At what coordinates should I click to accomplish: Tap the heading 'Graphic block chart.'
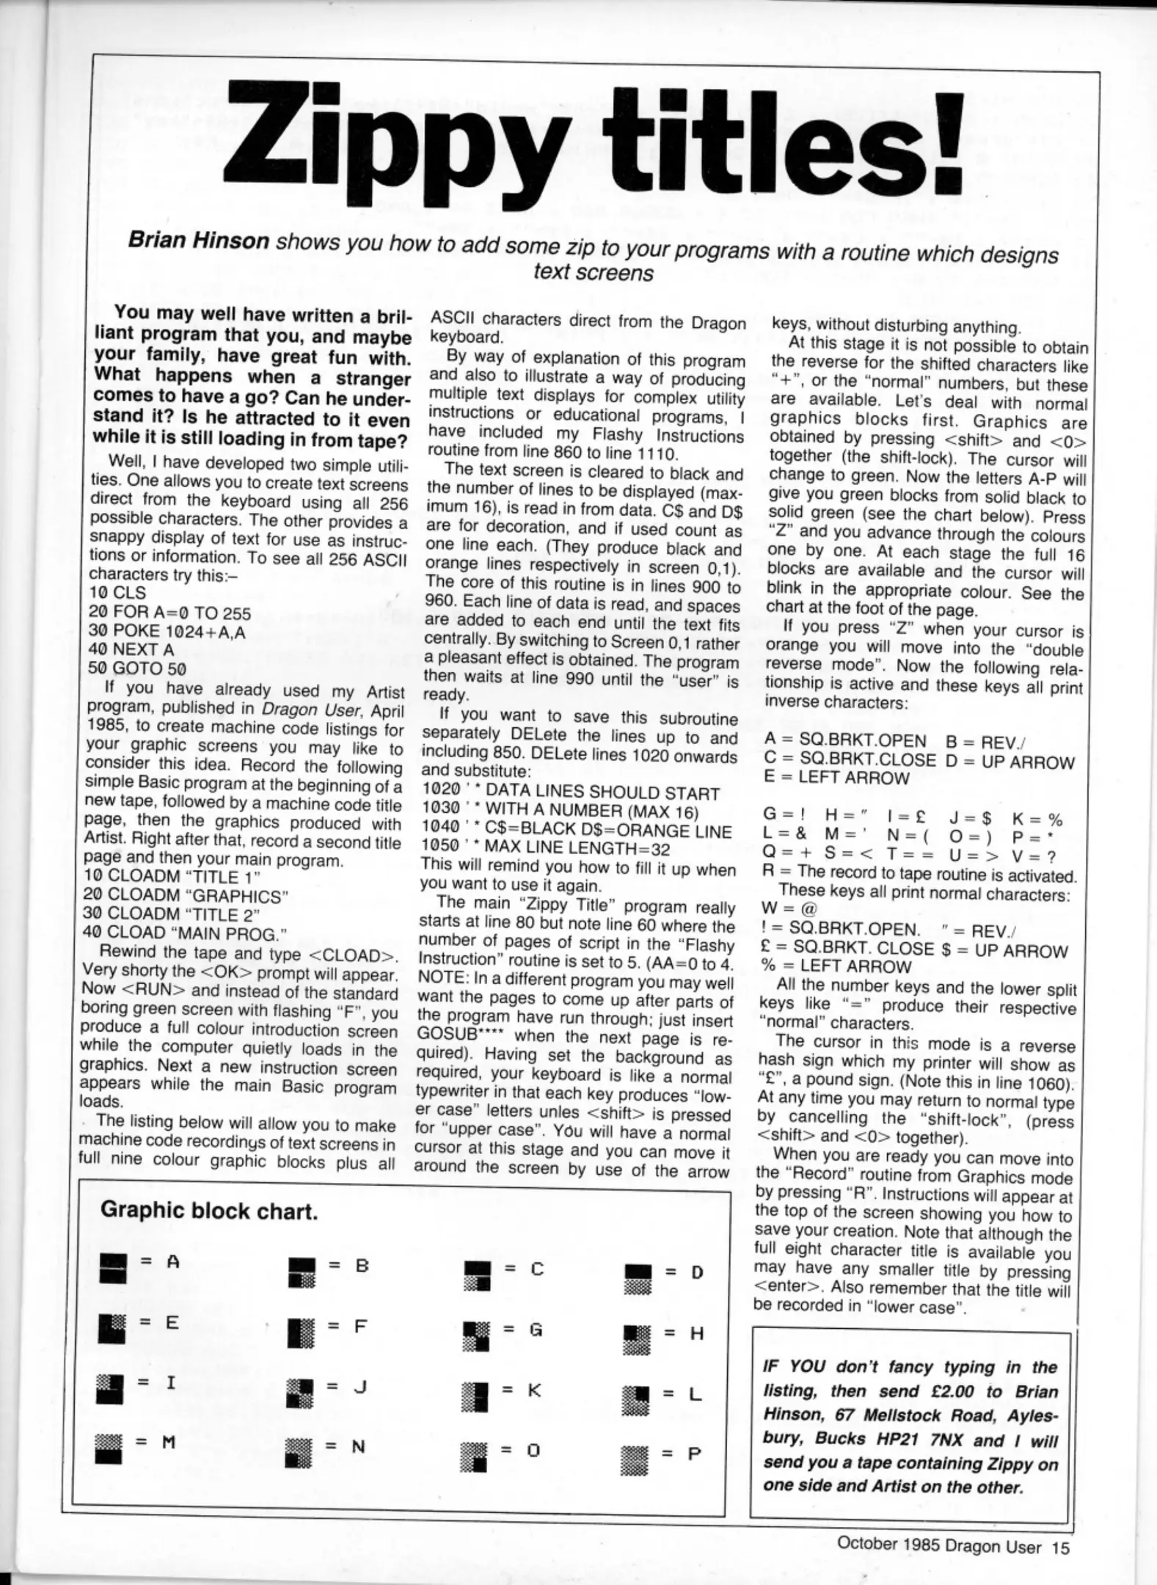tap(209, 1211)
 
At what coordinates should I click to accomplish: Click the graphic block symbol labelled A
tap(113, 1267)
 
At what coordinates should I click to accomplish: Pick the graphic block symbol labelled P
tap(635, 1454)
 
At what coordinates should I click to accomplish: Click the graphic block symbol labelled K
tap(475, 1392)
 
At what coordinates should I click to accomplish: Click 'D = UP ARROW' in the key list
tap(1010, 762)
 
